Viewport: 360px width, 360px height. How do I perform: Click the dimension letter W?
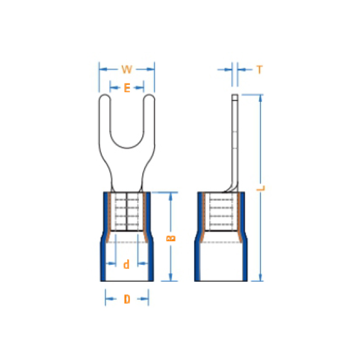point(127,69)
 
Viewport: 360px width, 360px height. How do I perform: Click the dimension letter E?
point(127,88)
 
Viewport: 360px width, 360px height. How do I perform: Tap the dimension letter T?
point(259,70)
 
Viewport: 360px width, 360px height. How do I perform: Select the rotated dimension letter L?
point(261,188)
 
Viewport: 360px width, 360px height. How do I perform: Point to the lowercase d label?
point(126,264)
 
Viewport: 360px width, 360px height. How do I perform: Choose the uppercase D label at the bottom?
point(127,299)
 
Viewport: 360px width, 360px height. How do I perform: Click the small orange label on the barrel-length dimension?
point(170,238)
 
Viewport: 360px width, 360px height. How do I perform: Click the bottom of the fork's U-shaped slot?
point(127,148)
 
